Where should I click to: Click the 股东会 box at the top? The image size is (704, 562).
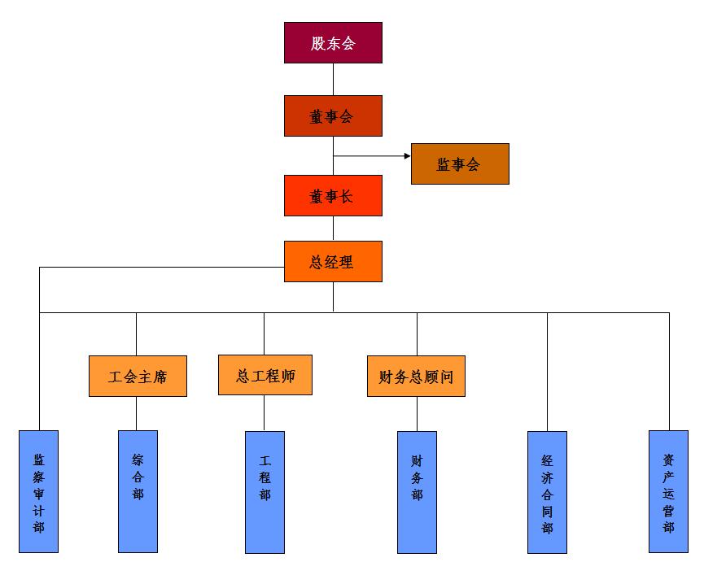pyautogui.click(x=333, y=43)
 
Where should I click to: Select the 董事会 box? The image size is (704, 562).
pyautogui.click(x=333, y=116)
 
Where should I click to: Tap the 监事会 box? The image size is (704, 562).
pyautogui.click(x=460, y=164)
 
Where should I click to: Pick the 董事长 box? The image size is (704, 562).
pyautogui.click(x=333, y=196)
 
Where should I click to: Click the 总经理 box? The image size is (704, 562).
pyautogui.click(x=333, y=262)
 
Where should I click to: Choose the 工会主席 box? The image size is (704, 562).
pyautogui.click(x=138, y=377)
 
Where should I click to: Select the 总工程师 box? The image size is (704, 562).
pyautogui.click(x=265, y=376)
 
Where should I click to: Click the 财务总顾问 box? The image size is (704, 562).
pyautogui.click(x=416, y=377)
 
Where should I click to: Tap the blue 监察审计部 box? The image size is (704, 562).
pyautogui.click(x=39, y=491)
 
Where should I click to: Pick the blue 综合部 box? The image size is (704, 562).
pyautogui.click(x=138, y=491)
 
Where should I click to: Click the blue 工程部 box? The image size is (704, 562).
pyautogui.click(x=265, y=491)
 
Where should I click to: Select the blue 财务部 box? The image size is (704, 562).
pyautogui.click(x=417, y=491)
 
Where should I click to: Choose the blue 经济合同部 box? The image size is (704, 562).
pyautogui.click(x=547, y=491)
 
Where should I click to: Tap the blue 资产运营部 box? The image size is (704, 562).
pyautogui.click(x=668, y=491)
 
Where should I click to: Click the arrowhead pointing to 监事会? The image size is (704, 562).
pyautogui.click(x=407, y=155)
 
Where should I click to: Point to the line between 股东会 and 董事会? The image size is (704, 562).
pyautogui.click(x=333, y=79)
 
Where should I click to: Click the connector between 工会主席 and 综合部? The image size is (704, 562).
pyautogui.click(x=136, y=413)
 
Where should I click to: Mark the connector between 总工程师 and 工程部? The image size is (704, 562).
pyautogui.click(x=264, y=413)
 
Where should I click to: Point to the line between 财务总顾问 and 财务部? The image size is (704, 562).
pyautogui.click(x=417, y=413)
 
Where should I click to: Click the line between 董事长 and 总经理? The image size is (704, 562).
pyautogui.click(x=333, y=229)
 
